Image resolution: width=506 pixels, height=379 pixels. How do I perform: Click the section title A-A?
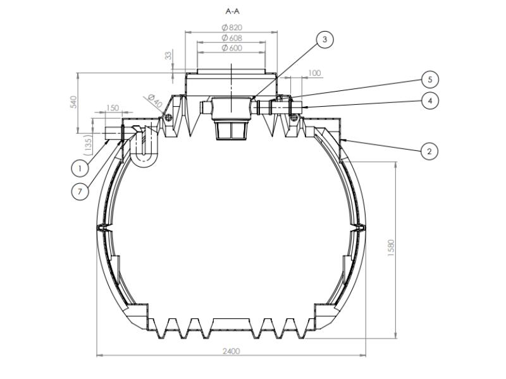click(x=232, y=11)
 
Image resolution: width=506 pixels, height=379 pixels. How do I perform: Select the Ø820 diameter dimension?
click(x=232, y=27)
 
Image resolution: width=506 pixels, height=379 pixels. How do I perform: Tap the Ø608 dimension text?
click(x=232, y=38)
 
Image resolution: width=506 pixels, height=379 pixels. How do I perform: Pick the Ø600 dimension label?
click(x=232, y=49)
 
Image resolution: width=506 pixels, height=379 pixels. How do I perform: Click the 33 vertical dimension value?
click(x=168, y=56)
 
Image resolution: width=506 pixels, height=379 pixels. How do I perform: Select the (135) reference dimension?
click(x=89, y=144)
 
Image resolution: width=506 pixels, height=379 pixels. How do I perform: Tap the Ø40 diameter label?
click(x=154, y=100)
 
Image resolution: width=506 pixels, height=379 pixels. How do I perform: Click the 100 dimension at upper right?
click(x=314, y=73)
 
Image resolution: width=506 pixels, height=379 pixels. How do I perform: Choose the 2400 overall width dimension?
click(x=231, y=351)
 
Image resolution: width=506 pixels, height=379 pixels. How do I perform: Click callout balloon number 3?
click(x=324, y=39)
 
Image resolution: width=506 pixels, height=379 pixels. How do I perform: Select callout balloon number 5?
click(x=430, y=80)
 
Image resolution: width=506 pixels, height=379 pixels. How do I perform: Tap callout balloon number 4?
click(x=430, y=100)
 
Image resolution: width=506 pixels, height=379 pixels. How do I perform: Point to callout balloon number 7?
click(x=80, y=192)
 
